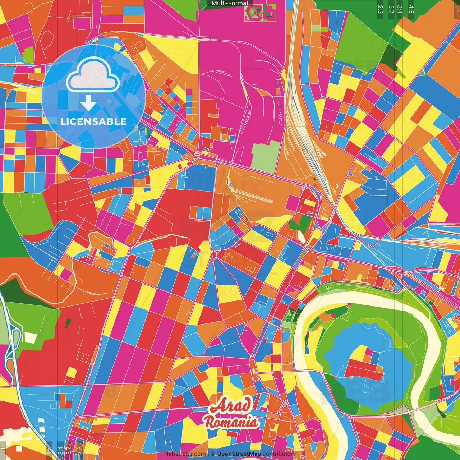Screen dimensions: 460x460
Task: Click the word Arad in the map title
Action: (x=230, y=406)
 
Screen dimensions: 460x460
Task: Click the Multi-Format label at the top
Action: (x=230, y=3)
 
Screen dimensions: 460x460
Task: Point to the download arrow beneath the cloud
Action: (x=88, y=103)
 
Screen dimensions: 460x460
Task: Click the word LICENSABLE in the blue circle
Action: (x=93, y=121)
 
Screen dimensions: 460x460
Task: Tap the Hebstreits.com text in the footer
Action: (x=185, y=454)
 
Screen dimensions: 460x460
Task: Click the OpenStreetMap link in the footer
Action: (x=239, y=454)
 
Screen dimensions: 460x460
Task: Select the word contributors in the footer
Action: (x=279, y=454)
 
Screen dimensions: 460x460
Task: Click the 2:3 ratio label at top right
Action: (x=380, y=9)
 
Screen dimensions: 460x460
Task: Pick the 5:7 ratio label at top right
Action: (x=391, y=9)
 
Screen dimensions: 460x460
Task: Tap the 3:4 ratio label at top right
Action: (x=400, y=9)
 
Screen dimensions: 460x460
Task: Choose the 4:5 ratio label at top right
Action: (x=411, y=9)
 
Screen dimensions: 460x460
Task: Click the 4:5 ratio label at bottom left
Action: (x=49, y=451)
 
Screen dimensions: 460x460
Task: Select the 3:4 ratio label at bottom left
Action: (x=60, y=451)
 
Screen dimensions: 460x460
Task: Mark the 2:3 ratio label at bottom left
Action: (x=80, y=451)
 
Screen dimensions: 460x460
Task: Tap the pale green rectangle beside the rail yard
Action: (x=265, y=156)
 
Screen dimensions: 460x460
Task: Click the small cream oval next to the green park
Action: (x=301, y=236)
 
